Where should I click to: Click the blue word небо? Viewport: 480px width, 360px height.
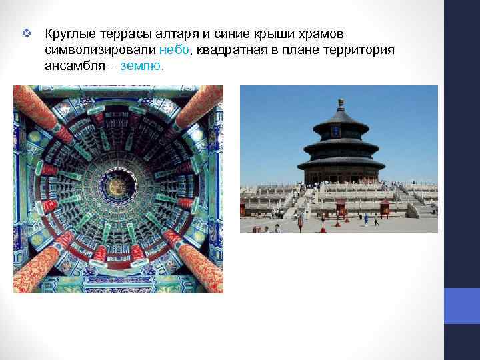pyautogui.click(x=175, y=49)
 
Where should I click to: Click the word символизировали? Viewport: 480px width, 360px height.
pyautogui.click(x=100, y=49)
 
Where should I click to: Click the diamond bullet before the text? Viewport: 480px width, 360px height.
pyautogui.click(x=27, y=33)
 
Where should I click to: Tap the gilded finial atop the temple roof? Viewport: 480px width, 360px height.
pyautogui.click(x=341, y=103)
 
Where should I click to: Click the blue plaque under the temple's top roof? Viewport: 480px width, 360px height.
pyautogui.click(x=341, y=131)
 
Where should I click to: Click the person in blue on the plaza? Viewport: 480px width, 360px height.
pyautogui.click(x=365, y=219)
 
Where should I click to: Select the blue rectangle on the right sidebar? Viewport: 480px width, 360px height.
pyautogui.click(x=462, y=306)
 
